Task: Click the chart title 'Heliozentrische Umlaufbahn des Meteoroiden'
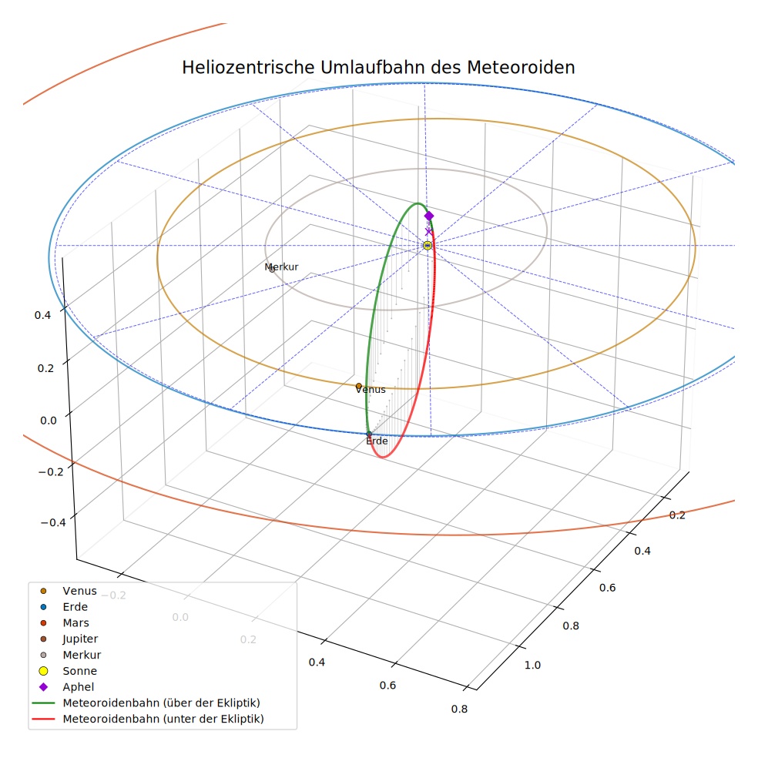(378, 67)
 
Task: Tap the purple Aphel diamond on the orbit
(429, 216)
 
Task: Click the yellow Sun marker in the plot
(428, 246)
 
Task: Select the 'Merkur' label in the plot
(281, 267)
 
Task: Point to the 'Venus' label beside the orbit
(371, 390)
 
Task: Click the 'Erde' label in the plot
(377, 441)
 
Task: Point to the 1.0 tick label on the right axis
(533, 666)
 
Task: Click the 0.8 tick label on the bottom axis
(459, 709)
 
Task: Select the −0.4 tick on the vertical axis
(53, 522)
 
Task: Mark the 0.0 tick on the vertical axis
(49, 421)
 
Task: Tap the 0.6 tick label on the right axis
(608, 587)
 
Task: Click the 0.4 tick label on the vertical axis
(42, 315)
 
